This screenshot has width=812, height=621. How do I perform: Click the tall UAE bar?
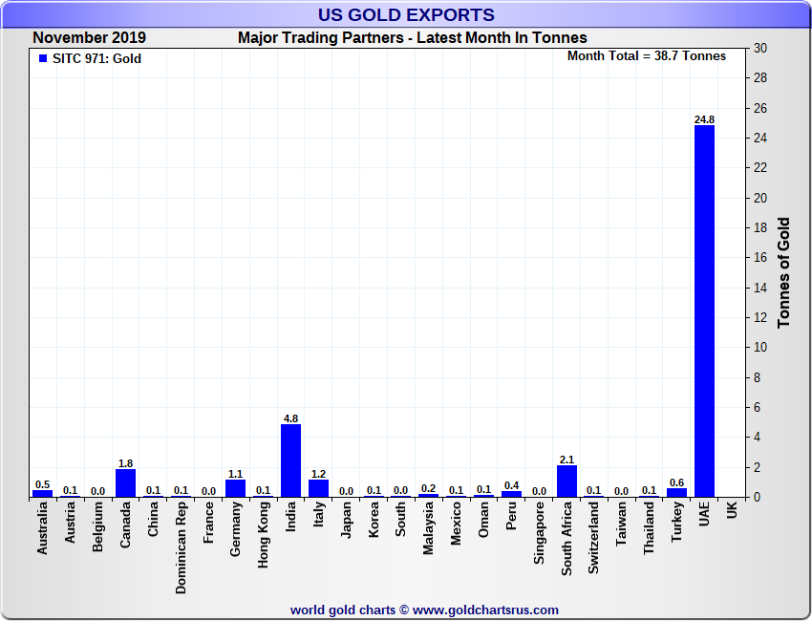704,310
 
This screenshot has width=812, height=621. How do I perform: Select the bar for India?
290,460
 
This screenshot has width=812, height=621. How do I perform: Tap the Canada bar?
125,483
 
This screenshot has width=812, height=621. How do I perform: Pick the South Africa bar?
566,482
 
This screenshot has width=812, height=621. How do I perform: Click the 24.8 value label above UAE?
704,119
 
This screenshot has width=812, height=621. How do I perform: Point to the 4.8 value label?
290,418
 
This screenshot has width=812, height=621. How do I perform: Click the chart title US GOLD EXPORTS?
406,15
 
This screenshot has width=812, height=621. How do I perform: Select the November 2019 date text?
90,38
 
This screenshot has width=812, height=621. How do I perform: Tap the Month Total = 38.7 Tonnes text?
647,55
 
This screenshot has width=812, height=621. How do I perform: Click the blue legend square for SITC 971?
42,58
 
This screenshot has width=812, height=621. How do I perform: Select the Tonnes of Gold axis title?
784,273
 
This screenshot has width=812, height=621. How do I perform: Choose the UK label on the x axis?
732,511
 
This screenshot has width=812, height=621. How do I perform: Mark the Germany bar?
235,488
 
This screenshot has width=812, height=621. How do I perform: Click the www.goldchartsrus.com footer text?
486,610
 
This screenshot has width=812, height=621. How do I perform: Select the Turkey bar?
676,492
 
